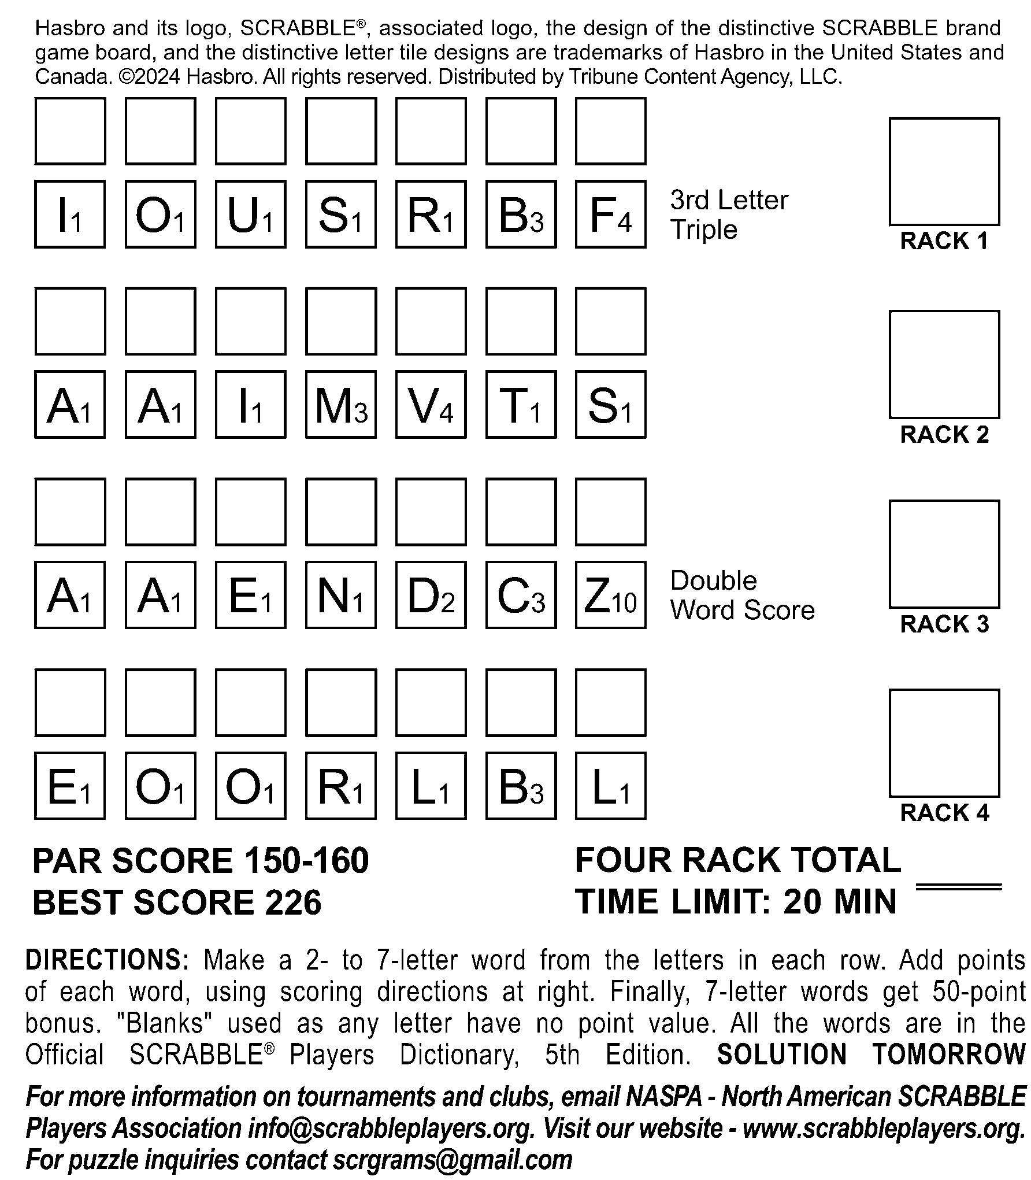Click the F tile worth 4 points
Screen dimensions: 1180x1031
[610, 214]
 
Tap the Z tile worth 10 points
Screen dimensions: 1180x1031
[610, 595]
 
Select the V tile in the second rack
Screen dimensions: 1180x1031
[431, 405]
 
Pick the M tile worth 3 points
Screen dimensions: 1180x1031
[340, 405]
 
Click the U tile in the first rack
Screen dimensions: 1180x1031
[250, 214]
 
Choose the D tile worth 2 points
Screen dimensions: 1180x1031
[431, 595]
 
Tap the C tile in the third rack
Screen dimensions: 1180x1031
[521, 595]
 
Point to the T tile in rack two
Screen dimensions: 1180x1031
[521, 405]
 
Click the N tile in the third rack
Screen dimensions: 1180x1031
[340, 595]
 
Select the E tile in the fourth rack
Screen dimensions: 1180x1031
[70, 786]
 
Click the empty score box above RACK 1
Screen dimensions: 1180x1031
[944, 171]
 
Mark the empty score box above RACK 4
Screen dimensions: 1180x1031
[944, 743]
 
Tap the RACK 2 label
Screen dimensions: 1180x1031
[944, 434]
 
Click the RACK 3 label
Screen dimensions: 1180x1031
[944, 624]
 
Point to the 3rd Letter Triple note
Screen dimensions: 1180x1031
[729, 214]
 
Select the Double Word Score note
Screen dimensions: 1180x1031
[742, 595]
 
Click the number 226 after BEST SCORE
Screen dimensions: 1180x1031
[293, 902]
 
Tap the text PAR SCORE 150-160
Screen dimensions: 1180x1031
[201, 860]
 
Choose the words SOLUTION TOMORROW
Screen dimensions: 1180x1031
[870, 1054]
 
